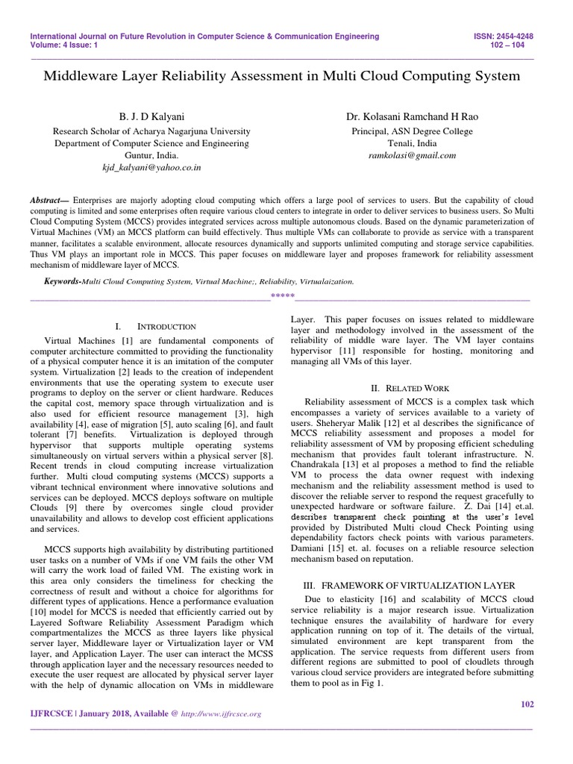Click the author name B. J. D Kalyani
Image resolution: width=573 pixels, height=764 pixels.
151,117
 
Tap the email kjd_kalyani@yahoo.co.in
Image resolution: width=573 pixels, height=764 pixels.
151,169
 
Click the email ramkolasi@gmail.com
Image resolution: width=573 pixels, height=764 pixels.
411,156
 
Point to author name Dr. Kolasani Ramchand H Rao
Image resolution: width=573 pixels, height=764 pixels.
411,117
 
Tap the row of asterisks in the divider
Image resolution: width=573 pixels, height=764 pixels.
282,297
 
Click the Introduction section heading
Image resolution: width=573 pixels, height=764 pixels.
166,327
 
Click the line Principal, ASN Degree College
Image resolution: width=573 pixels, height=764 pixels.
411,131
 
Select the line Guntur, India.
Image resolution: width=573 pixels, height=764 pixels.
151,156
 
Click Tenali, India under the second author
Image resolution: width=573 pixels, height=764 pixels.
411,143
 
